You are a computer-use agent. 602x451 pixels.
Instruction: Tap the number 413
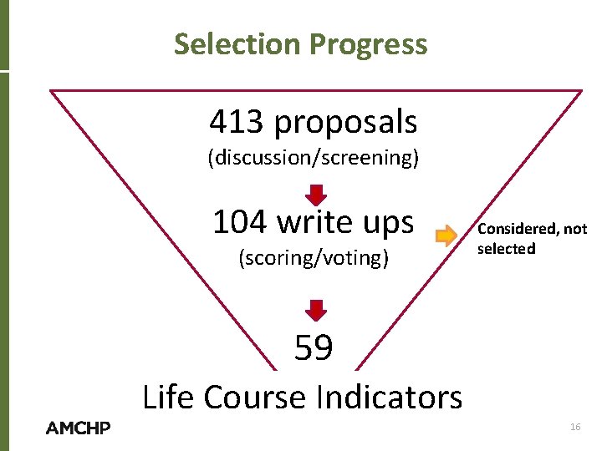tap(238, 122)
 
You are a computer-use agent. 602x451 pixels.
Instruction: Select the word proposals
tap(345, 124)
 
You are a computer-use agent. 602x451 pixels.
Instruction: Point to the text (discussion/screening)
tap(313, 158)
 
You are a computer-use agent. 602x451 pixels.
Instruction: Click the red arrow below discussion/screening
tap(314, 194)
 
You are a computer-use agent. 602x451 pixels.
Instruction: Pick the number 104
tap(240, 222)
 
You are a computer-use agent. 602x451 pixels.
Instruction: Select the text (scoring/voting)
tap(314, 258)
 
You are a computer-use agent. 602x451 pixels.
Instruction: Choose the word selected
tap(506, 249)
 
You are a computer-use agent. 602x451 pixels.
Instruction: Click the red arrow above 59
tap(314, 310)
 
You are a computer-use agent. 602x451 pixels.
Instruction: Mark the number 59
tap(314, 347)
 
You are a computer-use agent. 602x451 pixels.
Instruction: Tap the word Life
tap(169, 397)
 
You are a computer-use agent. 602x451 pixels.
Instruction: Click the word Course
tap(258, 397)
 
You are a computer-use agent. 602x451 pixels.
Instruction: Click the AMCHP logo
tap(79, 428)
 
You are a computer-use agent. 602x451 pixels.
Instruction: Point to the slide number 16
tap(574, 427)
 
